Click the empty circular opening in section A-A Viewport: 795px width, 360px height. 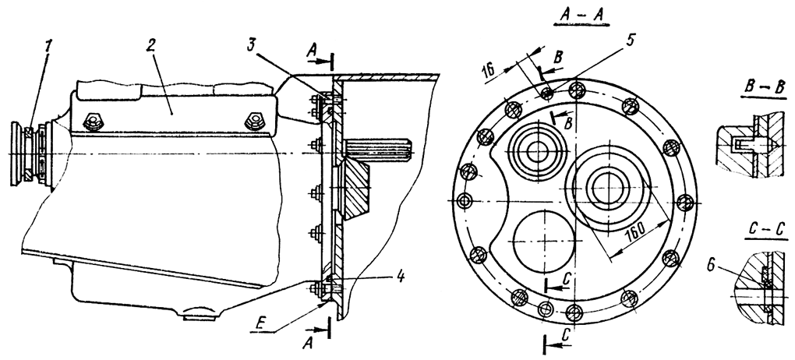point(540,241)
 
